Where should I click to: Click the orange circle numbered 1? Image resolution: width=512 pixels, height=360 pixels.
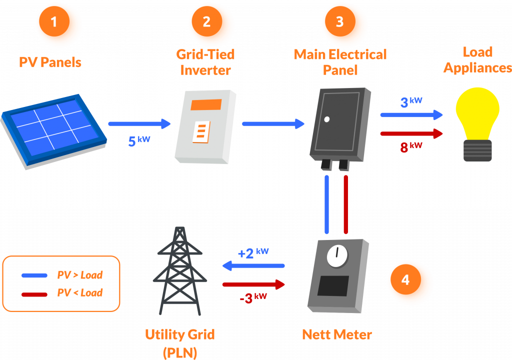click(x=58, y=24)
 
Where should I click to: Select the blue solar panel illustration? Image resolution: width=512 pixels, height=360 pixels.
click(x=53, y=129)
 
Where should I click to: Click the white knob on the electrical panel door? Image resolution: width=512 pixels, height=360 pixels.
click(x=326, y=119)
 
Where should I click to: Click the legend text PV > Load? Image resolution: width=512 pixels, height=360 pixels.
click(x=80, y=275)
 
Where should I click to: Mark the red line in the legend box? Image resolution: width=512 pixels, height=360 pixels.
click(x=34, y=293)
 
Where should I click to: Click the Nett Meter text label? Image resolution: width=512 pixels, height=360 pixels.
click(x=337, y=334)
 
